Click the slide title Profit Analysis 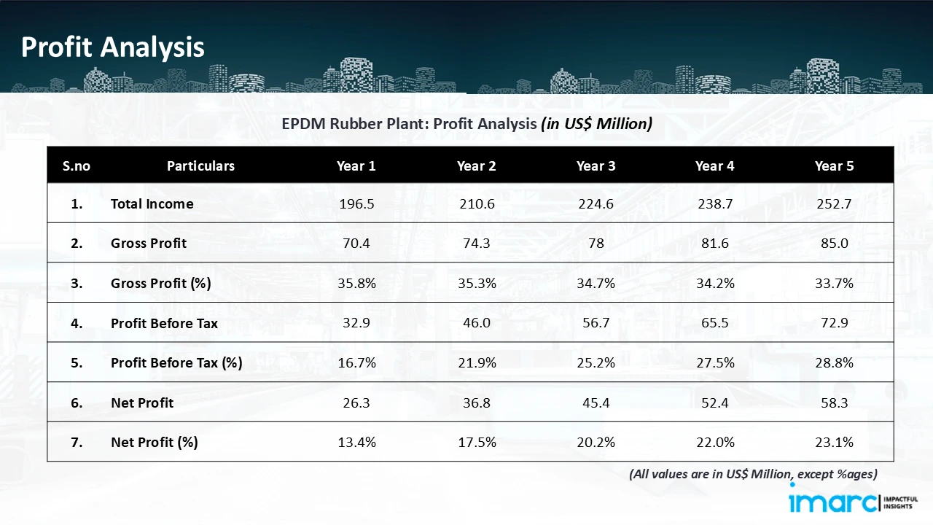click(x=113, y=47)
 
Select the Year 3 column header click(x=596, y=166)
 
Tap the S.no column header click(x=77, y=166)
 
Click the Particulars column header click(x=200, y=166)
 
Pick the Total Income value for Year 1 click(x=356, y=204)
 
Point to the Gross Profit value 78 click(x=596, y=244)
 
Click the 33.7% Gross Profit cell click(x=834, y=284)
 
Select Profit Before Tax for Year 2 click(x=476, y=323)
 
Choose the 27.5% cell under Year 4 click(x=714, y=362)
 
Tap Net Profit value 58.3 click(x=834, y=402)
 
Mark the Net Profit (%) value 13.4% click(x=356, y=442)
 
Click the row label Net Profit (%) click(x=155, y=442)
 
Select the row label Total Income click(x=152, y=204)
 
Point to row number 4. click(x=77, y=323)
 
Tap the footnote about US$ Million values click(x=753, y=474)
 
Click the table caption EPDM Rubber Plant click(x=466, y=124)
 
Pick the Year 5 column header click(x=834, y=166)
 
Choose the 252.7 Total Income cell click(x=834, y=204)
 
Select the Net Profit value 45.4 click(x=596, y=402)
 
